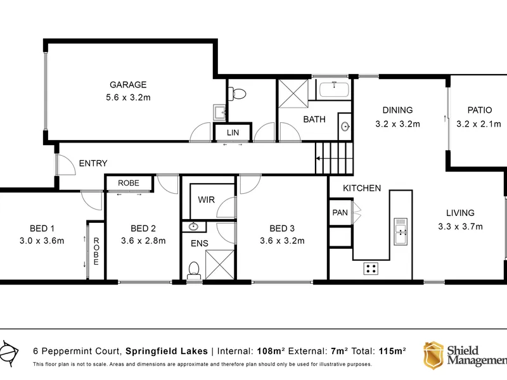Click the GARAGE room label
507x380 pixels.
128,85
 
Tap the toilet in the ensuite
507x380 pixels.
194,270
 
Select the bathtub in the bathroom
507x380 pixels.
335,89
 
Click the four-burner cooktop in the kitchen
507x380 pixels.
371,268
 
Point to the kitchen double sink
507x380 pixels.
401,231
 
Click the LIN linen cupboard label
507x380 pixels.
233,132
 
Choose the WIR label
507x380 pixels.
207,199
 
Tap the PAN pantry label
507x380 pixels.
340,213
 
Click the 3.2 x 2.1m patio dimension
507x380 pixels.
478,123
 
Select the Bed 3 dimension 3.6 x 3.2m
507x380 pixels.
282,241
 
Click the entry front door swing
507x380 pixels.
66,165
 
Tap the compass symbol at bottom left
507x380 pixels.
9,353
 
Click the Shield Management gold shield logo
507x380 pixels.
433,355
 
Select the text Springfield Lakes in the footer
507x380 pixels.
167,351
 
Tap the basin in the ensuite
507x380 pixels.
193,226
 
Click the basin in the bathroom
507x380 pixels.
345,126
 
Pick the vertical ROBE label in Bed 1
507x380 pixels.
96,251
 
